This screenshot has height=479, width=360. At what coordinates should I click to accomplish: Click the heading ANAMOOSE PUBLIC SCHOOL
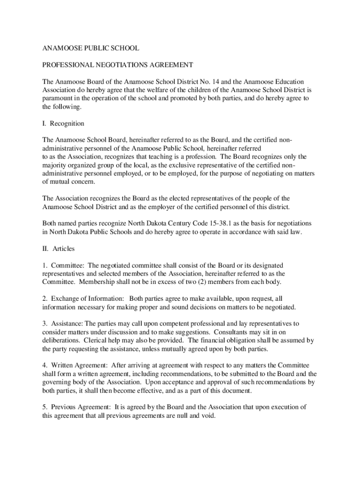[91, 48]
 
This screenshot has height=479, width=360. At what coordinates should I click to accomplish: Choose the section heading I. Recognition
[63, 123]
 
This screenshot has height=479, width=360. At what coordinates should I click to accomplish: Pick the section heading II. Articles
[58, 248]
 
